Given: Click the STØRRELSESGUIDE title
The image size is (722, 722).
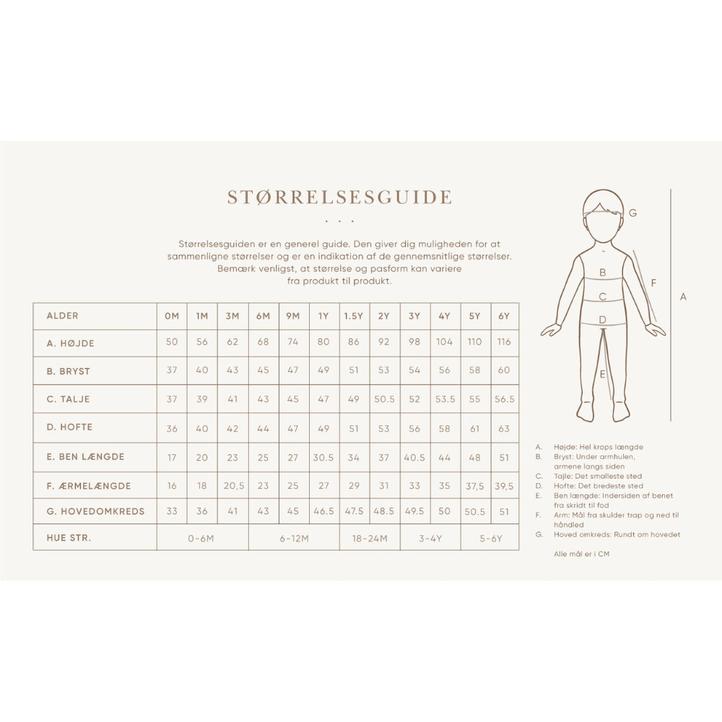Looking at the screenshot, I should click(339, 197).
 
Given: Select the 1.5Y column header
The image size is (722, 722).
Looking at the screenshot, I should click(354, 316).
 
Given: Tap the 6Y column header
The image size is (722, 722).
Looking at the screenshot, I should click(504, 316).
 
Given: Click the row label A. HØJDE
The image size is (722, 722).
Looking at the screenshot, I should click(70, 344).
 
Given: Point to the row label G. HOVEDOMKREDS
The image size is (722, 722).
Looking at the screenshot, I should click(95, 511).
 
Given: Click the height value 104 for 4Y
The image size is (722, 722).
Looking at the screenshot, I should click(445, 342).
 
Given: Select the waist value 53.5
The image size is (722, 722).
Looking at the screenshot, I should click(445, 399).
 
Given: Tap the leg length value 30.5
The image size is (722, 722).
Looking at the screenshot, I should click(323, 457).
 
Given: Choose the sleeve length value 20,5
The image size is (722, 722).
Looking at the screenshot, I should click(232, 486).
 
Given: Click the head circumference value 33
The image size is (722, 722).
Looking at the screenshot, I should click(172, 511).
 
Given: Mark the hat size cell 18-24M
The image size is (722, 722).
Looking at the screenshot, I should click(370, 539).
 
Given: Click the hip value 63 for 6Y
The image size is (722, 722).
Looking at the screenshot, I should click(504, 428).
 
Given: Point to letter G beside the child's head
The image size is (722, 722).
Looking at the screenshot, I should click(633, 213).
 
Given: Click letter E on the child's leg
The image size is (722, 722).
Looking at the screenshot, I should click(602, 374).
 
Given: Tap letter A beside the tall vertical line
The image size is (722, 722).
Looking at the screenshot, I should click(684, 296).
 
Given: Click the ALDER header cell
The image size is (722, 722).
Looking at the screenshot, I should click(62, 316).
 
